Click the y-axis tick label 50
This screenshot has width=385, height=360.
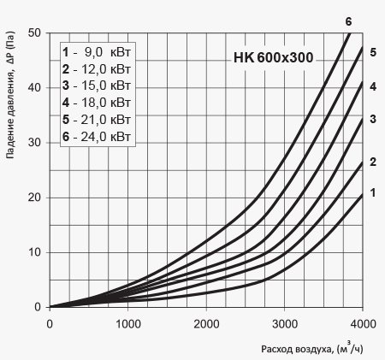[34, 32]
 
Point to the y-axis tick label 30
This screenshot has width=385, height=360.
[34, 142]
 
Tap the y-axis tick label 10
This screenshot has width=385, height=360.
[34, 252]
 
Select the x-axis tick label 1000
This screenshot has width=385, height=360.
[128, 324]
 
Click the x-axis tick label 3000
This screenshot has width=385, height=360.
[285, 324]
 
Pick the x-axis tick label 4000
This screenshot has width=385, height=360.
[363, 324]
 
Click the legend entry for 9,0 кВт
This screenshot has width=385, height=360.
[97, 52]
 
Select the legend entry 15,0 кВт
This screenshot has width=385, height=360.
[97, 86]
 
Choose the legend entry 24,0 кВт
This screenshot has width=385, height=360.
[97, 137]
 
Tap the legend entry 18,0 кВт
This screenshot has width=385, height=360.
[97, 103]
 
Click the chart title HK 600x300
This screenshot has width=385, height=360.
[274, 57]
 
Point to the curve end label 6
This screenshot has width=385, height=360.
[348, 21]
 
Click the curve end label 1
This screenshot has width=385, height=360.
[373, 193]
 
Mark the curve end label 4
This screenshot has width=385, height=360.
[373, 86]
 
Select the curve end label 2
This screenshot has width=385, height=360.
[373, 162]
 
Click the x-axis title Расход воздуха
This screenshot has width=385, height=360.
[297, 349]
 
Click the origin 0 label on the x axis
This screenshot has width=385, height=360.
[50, 324]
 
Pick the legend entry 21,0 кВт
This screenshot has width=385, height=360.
[97, 120]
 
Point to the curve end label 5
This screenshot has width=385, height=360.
[373, 52]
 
